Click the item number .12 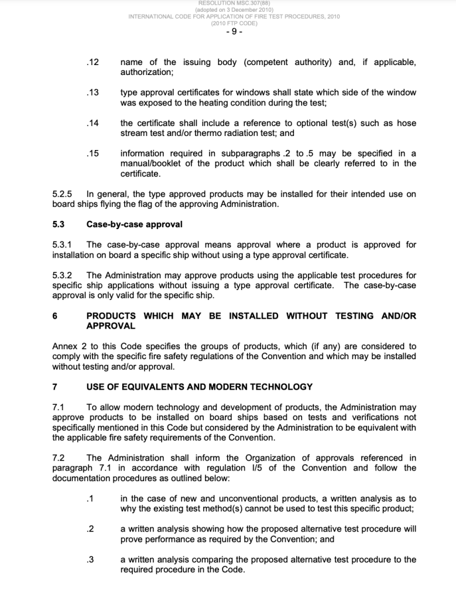92,63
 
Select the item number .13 92,93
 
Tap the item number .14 92,123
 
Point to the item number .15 92,154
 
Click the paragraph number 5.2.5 62,194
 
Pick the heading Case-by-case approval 134,224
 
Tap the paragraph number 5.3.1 62,245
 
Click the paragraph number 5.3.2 62,275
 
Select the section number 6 55,316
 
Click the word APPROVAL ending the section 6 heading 111,326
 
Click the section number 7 55,387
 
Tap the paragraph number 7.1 59,407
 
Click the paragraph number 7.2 59,458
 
